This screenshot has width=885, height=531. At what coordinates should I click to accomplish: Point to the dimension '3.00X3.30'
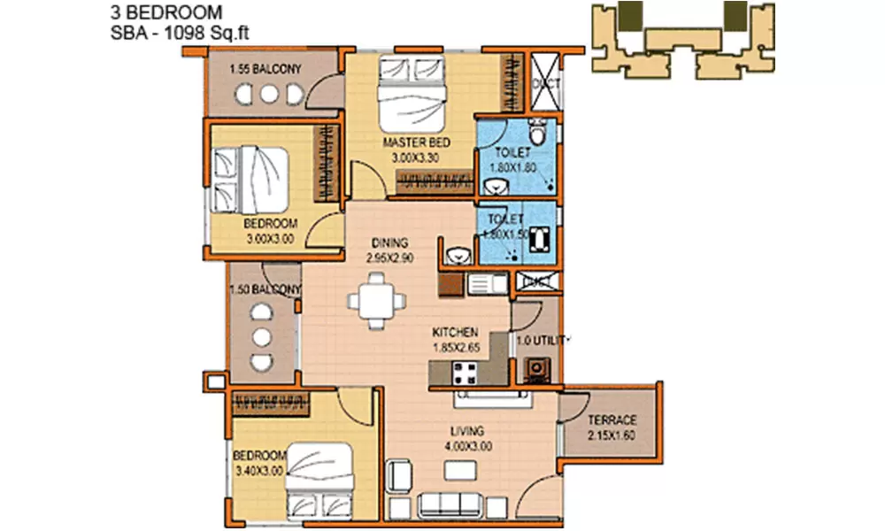point(417,158)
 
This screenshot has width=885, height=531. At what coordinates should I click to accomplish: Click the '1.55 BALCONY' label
point(265,69)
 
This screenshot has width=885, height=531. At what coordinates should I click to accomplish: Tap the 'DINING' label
point(389,242)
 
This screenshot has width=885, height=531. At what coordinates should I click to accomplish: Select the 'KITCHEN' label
point(456,332)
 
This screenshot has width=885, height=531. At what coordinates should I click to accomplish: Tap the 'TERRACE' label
point(611,419)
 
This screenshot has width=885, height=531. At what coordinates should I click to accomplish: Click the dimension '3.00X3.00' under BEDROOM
point(270,237)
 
